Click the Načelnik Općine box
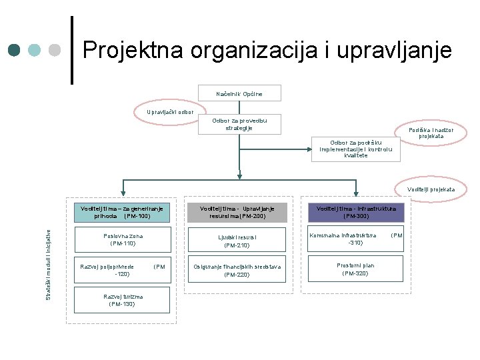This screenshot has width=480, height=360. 239,93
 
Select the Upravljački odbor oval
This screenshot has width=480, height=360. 171,111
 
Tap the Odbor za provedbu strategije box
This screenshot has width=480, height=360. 239,124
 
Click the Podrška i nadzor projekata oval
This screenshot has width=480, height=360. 435,133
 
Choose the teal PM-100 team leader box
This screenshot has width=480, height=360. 121,212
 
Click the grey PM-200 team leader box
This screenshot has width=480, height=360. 238,212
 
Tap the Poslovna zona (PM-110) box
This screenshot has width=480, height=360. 121,240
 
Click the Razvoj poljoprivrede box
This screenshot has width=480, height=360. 121,269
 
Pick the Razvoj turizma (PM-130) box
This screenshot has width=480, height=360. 121,299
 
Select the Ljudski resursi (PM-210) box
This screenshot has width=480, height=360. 238,241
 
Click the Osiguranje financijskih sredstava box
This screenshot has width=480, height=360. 238,270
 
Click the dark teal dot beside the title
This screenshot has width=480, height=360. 15,51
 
